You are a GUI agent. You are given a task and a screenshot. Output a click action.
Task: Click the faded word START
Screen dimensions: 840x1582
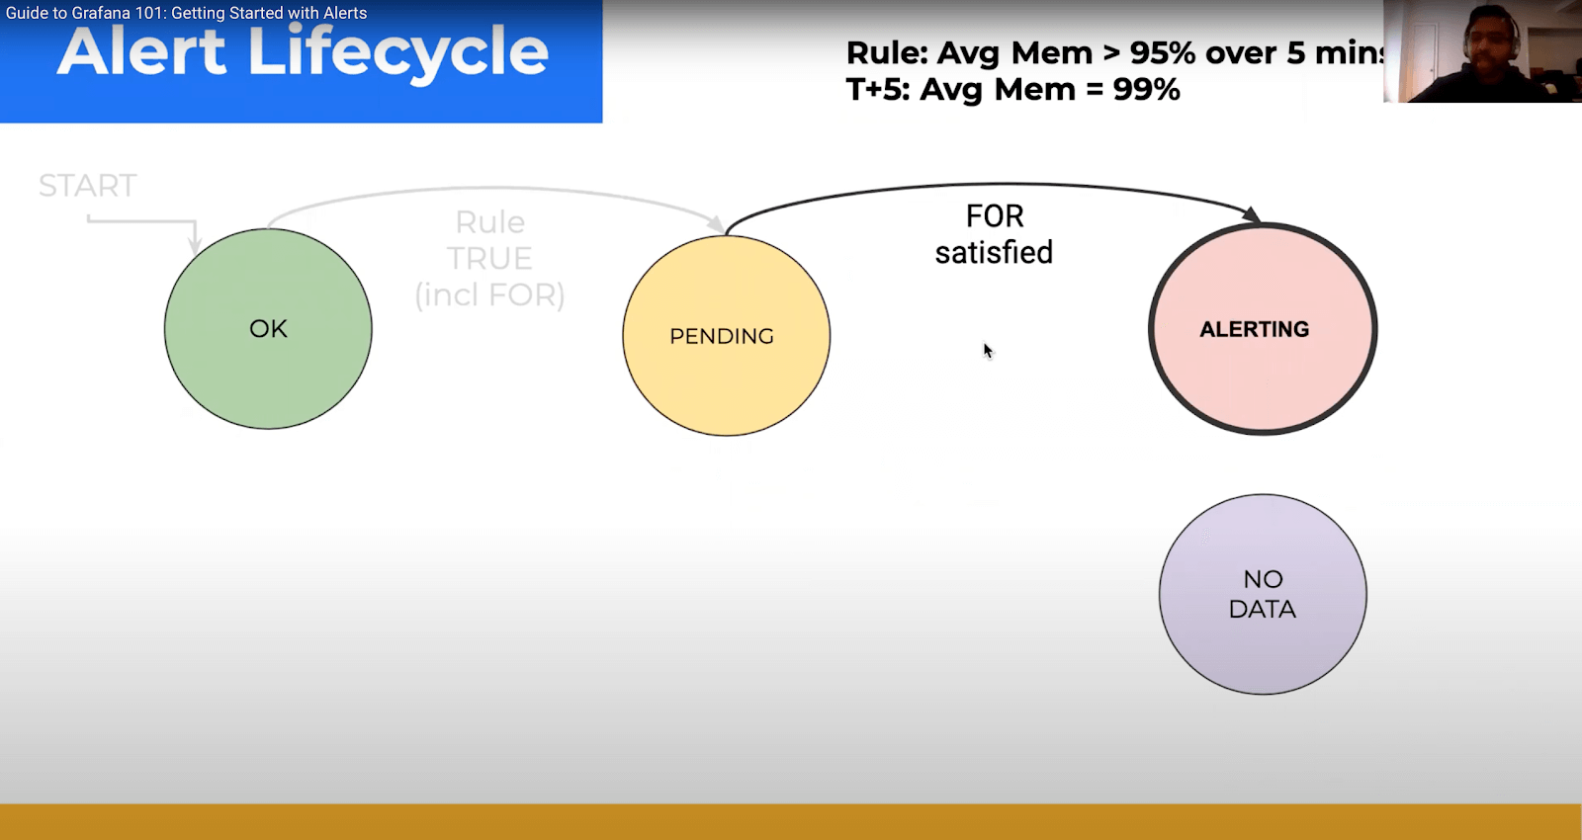[87, 186]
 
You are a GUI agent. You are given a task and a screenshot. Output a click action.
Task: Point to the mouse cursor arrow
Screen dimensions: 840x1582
[987, 350]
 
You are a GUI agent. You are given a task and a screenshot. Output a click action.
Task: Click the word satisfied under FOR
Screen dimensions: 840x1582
[994, 253]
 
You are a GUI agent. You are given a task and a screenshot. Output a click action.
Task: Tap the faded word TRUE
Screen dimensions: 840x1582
[489, 259]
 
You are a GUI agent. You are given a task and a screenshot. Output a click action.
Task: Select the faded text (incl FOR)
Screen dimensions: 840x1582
[489, 294]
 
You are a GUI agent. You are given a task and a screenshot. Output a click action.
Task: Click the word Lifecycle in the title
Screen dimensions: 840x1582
[397, 52]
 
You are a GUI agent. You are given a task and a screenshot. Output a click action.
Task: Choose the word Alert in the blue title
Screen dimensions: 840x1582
[141, 52]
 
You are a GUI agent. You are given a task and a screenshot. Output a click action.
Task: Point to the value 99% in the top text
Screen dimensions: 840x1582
[1146, 90]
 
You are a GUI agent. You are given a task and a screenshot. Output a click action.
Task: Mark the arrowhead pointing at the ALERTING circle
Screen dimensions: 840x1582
[1252, 215]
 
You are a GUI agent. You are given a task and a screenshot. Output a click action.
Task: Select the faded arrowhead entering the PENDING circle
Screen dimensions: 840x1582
[716, 224]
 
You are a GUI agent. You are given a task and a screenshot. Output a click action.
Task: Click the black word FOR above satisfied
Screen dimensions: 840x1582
[995, 216]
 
